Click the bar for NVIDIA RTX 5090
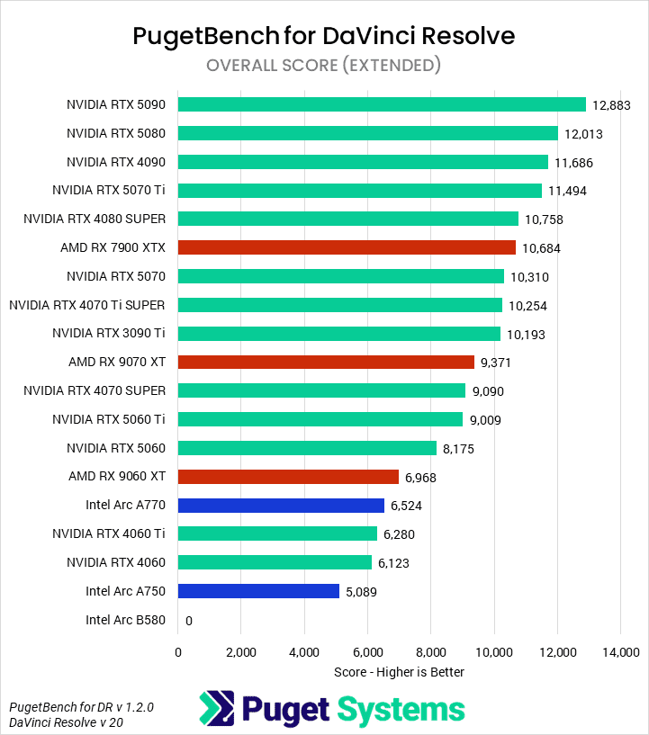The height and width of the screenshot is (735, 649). click(382, 104)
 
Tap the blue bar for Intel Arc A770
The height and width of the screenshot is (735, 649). click(281, 506)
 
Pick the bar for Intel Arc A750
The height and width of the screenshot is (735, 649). click(258, 591)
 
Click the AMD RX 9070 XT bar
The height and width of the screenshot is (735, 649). click(326, 362)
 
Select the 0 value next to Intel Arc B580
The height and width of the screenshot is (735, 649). click(189, 621)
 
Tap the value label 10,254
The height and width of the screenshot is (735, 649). click(527, 306)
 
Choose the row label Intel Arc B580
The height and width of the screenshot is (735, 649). click(126, 620)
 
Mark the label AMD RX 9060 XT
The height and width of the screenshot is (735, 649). click(117, 476)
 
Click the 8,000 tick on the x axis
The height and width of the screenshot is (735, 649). click(430, 651)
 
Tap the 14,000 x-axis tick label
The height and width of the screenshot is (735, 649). click(619, 651)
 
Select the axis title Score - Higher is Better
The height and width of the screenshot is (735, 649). click(398, 671)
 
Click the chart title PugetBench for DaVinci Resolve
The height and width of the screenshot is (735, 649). click(324, 36)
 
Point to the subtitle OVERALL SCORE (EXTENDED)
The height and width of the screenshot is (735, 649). click(324, 65)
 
